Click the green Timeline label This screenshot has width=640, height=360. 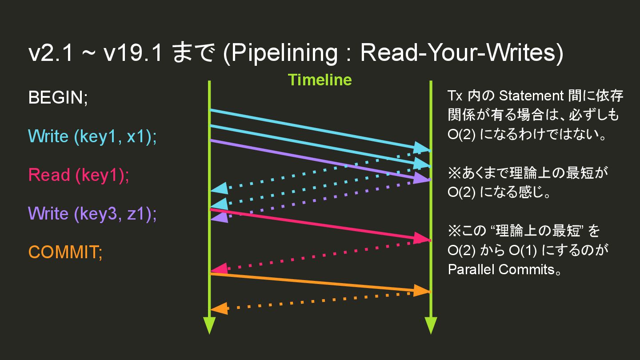click(320, 80)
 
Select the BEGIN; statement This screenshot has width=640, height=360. click(58, 98)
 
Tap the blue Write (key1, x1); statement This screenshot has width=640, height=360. click(92, 136)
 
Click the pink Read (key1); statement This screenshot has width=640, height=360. click(79, 175)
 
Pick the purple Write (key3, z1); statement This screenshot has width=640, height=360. click(92, 214)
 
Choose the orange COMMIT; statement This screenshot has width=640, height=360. click(66, 252)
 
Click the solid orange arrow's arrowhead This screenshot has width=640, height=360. click(421, 291)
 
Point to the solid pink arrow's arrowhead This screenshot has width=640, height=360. click(421, 239)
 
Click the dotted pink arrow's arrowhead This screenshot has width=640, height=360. click(219, 268)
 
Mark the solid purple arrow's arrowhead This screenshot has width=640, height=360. click(421, 178)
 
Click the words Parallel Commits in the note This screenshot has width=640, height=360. click(501, 269)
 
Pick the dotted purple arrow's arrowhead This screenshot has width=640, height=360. click(219, 217)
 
